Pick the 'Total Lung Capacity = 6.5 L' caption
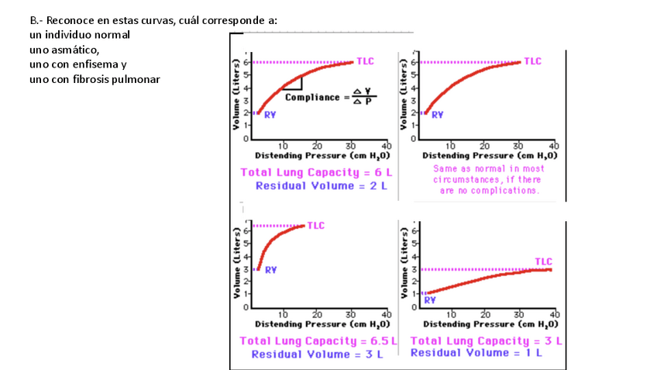[318, 341]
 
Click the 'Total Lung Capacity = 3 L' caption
[486, 341]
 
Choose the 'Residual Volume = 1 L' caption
[476, 353]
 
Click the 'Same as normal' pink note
[488, 179]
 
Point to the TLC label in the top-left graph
[365, 61]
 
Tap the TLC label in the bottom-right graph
[544, 261]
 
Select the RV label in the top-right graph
[437, 115]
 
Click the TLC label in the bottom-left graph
[315, 226]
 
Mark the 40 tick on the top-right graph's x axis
[553, 145]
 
